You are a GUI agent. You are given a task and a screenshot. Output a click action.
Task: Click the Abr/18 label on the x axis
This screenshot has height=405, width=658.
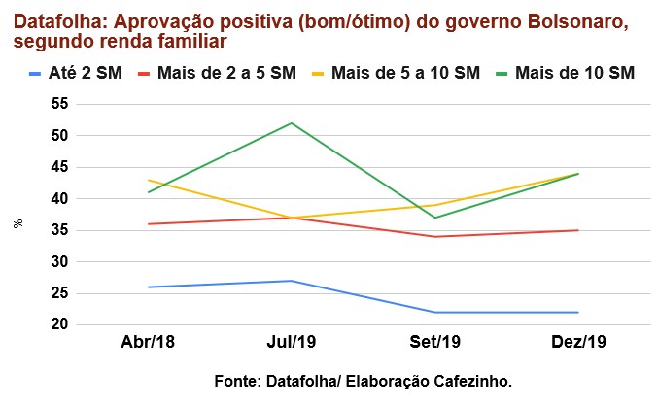pyautogui.click(x=148, y=344)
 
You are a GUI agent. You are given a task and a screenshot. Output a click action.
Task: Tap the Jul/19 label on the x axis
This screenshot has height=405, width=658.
pyautogui.click(x=292, y=344)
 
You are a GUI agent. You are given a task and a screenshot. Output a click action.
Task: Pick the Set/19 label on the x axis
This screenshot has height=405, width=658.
pyautogui.click(x=435, y=344)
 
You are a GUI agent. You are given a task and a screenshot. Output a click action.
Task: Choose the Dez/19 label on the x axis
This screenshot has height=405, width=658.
pyautogui.click(x=579, y=344)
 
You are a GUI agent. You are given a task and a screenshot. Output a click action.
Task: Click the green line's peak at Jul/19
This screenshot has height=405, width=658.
pyautogui.click(x=292, y=123)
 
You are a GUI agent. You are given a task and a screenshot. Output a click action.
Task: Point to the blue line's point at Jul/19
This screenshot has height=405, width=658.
pyautogui.click(x=292, y=281)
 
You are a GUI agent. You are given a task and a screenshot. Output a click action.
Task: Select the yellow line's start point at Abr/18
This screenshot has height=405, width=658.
pyautogui.click(x=148, y=180)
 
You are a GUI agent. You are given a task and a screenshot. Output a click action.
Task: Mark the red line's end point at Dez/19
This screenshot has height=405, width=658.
pyautogui.click(x=579, y=230)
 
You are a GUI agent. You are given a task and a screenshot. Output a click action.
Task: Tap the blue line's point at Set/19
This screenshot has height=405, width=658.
pyautogui.click(x=435, y=312)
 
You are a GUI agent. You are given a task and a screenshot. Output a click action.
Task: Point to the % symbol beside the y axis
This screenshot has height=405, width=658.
pyautogui.click(x=17, y=223)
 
